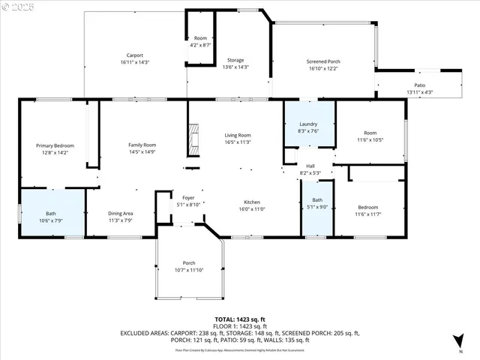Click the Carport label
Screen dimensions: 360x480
pos(134,55)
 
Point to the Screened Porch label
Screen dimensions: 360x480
pos(323,61)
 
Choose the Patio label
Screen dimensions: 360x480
pos(420,85)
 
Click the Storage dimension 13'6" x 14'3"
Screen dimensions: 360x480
pos(234,67)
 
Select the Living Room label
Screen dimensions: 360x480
pos(237,135)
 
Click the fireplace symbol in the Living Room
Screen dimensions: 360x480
pos(194,139)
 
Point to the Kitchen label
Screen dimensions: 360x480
pos(251,202)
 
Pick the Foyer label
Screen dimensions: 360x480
pos(188,198)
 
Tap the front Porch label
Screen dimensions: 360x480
pos(189,262)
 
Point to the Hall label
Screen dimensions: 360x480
pos(310,166)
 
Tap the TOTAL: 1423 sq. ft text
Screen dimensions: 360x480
pos(239,319)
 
